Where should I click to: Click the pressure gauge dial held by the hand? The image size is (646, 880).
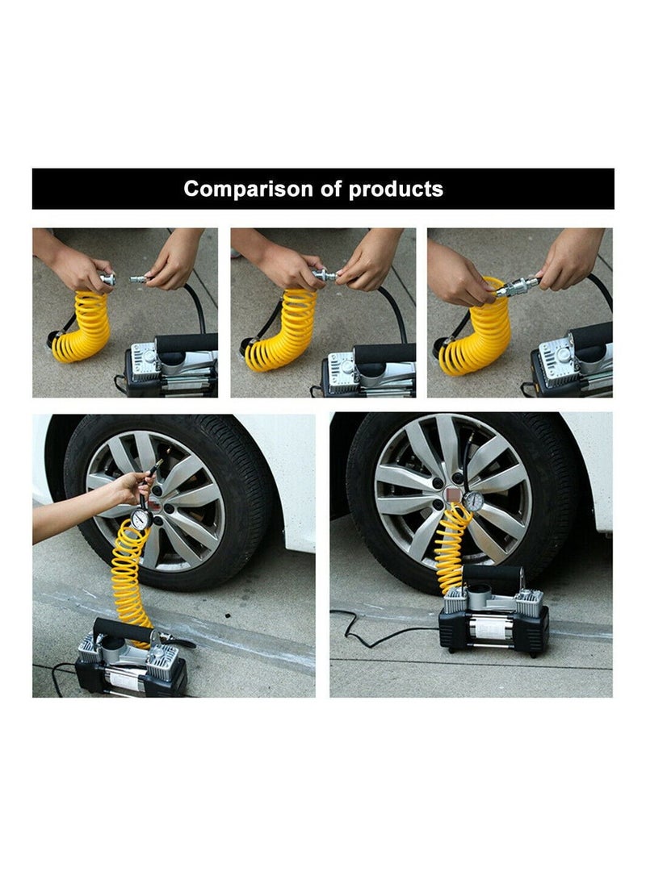(x=141, y=519)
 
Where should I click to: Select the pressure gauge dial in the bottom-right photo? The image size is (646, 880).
(x=474, y=501)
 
